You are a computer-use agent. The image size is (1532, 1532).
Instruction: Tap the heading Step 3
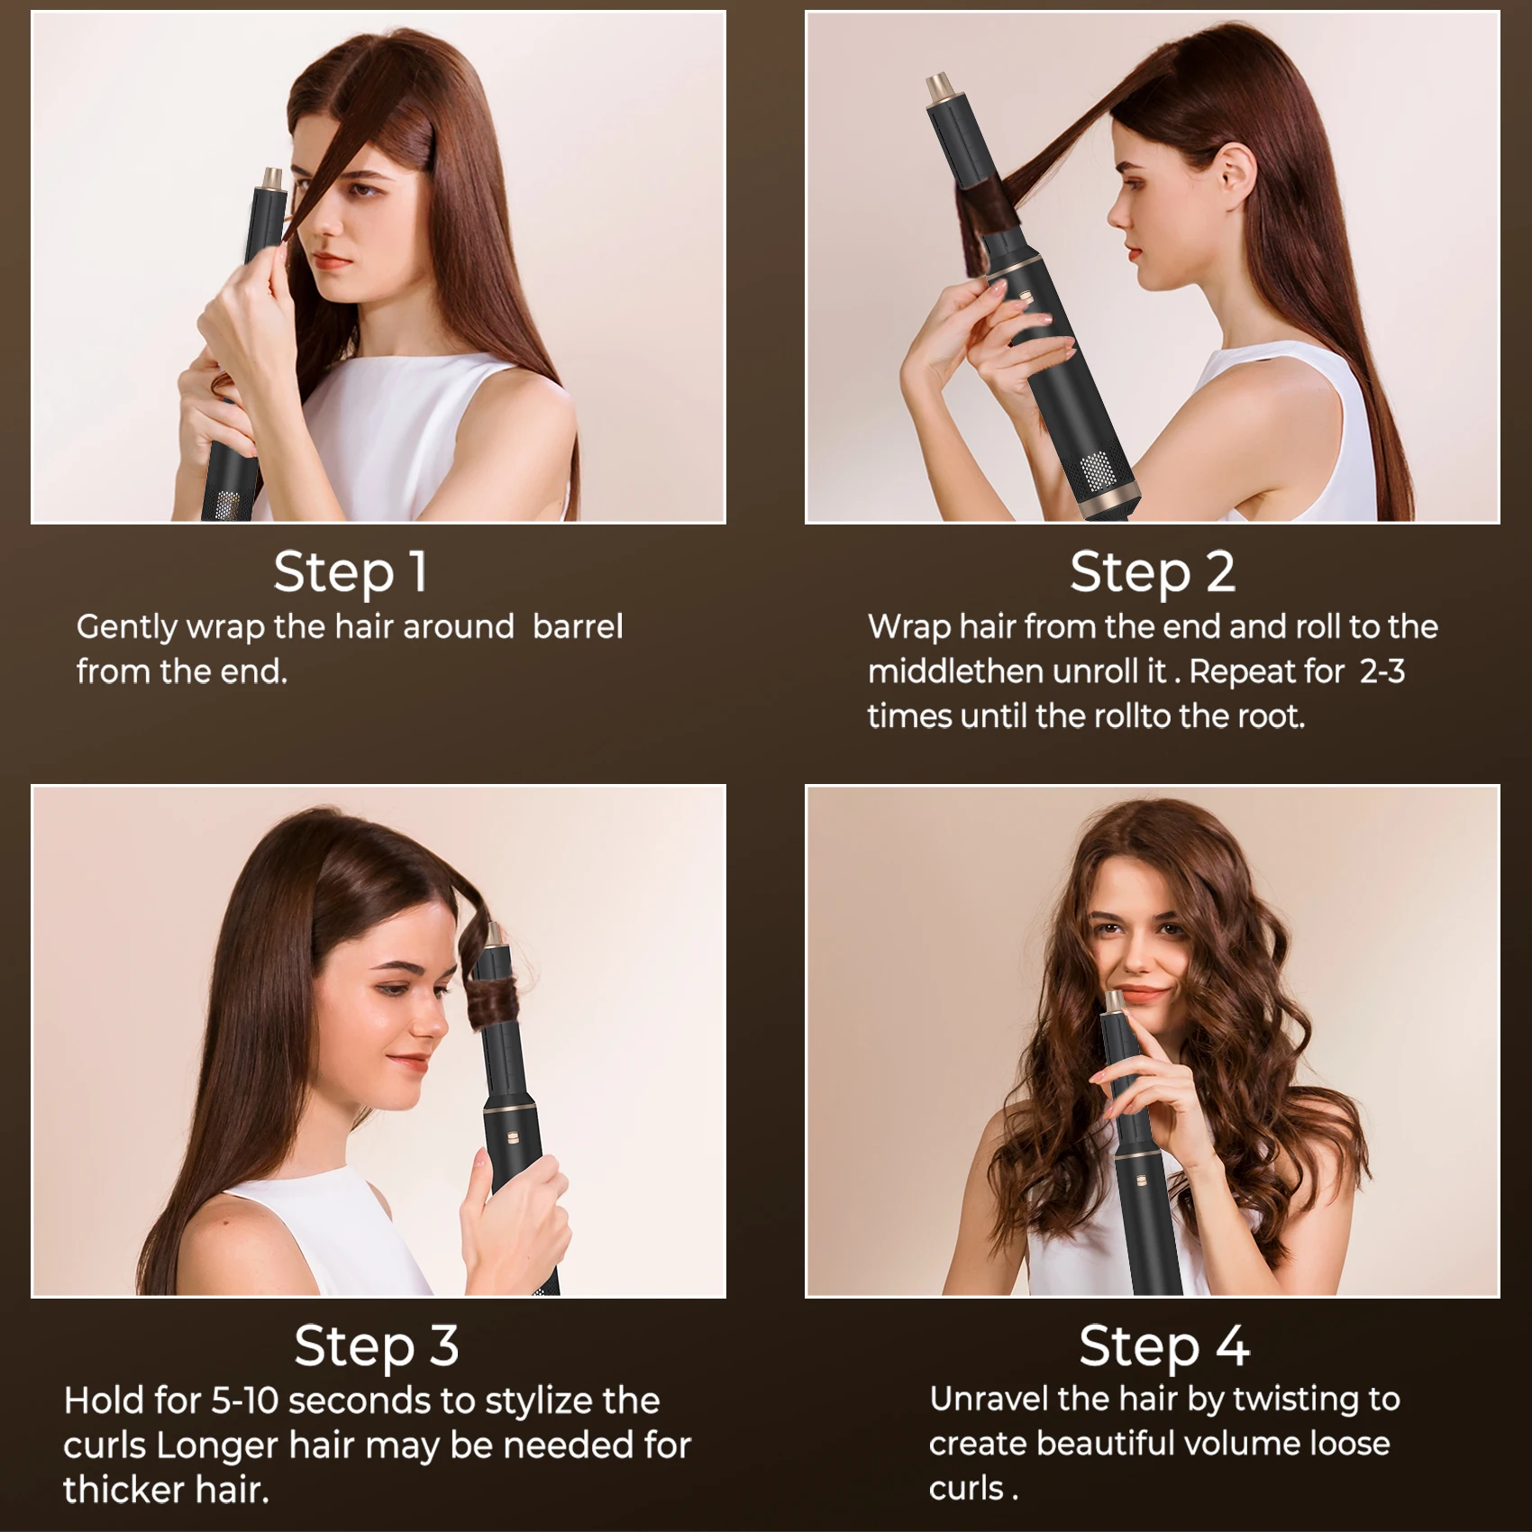(x=377, y=1345)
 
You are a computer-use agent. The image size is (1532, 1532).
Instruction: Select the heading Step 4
(x=1163, y=1345)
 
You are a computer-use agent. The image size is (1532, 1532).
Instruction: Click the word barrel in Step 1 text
(x=578, y=626)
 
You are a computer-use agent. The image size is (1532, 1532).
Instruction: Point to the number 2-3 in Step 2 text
(x=1382, y=671)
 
